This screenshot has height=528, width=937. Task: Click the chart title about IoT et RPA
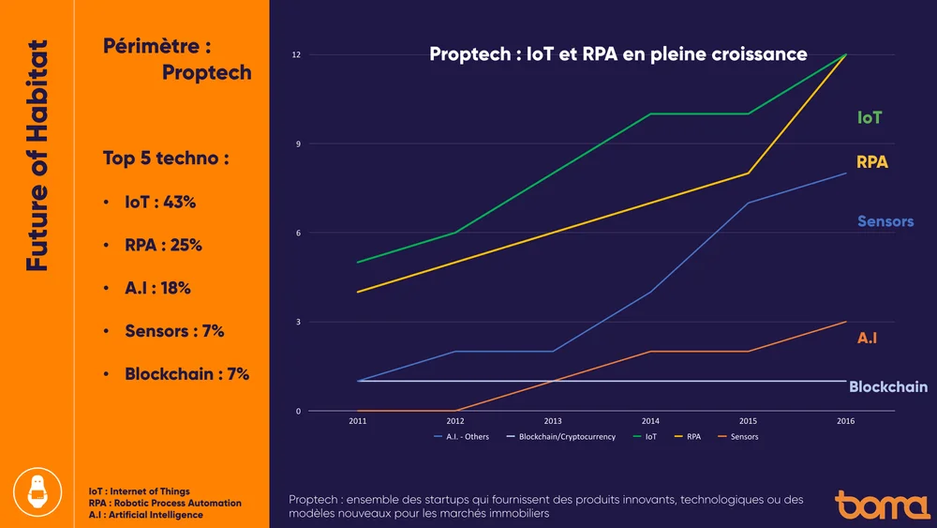pos(618,54)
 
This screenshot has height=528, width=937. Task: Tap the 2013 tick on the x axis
pos(553,422)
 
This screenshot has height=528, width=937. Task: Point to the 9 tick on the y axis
pos(297,143)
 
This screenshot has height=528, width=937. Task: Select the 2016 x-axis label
pos(845,422)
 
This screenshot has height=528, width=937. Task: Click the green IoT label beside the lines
pos(869,118)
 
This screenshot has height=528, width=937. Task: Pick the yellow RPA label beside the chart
pos(871,162)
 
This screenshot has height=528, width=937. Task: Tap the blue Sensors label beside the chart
pos(885,222)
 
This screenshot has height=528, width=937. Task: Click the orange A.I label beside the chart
pos(867,338)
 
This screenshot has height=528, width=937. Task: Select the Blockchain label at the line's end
pos(887,387)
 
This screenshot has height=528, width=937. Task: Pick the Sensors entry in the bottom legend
pos(744,437)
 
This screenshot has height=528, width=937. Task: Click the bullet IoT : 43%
pos(160,203)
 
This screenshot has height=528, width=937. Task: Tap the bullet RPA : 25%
pos(163,246)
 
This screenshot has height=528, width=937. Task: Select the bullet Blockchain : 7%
pos(186,374)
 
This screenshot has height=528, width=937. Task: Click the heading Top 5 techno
pos(166,158)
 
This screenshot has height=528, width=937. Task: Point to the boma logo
pos(883,504)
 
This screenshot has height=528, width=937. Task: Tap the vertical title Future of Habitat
pos(37,156)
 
